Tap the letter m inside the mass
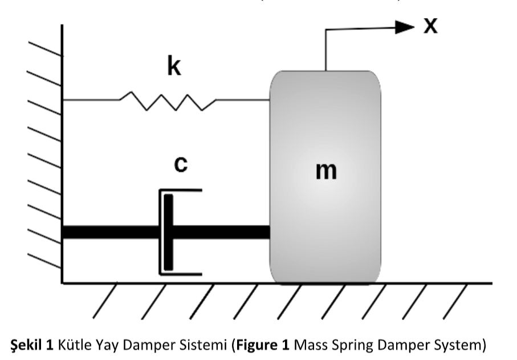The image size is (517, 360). (x=326, y=170)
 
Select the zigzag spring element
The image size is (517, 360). (x=168, y=101)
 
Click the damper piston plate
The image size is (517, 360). (x=168, y=232)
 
